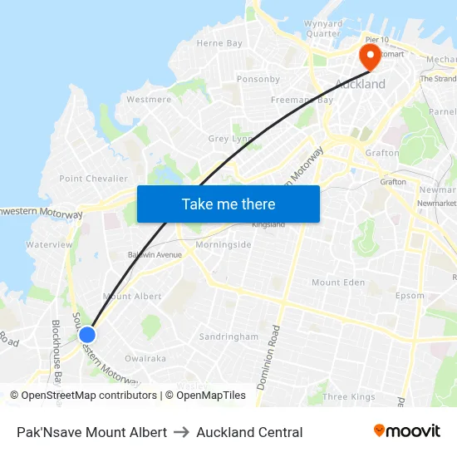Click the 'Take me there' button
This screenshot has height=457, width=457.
point(228,204)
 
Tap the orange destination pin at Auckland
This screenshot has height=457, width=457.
point(370,57)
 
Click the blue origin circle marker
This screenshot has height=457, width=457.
point(87,334)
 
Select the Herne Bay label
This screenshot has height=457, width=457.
point(219,43)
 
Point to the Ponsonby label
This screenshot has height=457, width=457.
point(258,79)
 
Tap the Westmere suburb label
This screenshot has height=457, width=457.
point(149,100)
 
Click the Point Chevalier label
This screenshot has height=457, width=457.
point(93,179)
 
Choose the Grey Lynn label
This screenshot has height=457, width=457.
point(230,139)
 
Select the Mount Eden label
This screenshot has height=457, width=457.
point(338,283)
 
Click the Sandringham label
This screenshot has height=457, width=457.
point(228,337)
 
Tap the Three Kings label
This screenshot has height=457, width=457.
point(349,397)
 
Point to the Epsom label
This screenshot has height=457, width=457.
point(410,295)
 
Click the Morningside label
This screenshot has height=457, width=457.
point(224,245)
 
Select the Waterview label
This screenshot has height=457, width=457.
point(49,245)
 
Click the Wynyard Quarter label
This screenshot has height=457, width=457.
point(322,29)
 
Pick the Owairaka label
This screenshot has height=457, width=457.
point(145,359)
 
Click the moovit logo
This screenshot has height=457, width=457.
point(406,430)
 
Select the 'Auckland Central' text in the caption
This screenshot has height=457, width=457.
point(249,432)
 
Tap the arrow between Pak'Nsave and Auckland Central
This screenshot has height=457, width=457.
point(181,432)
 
